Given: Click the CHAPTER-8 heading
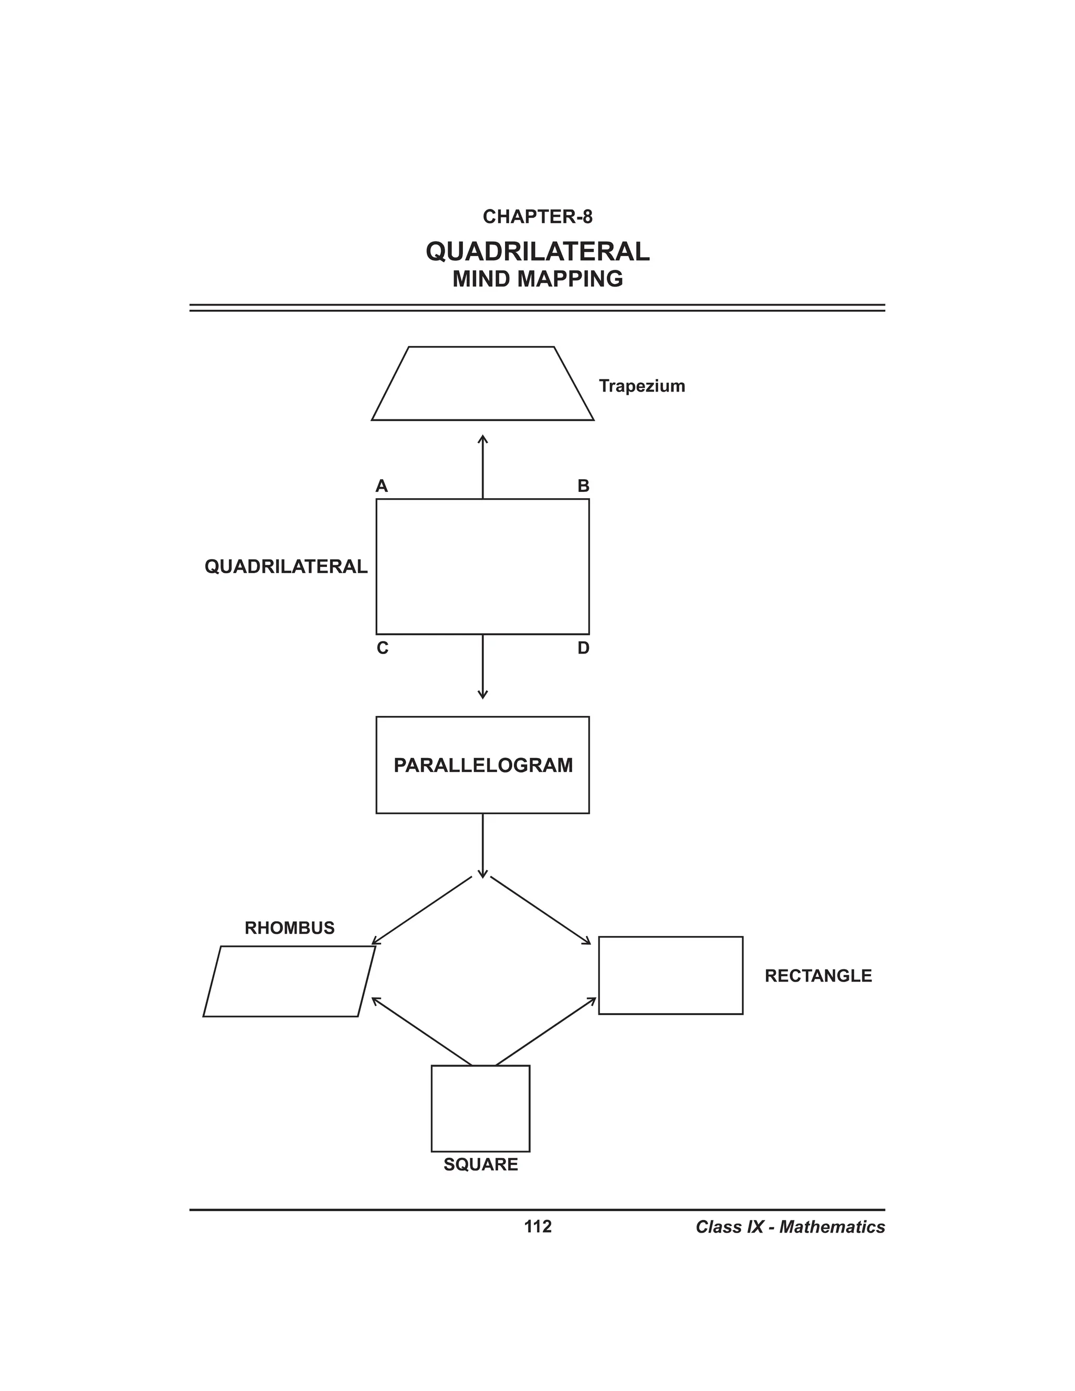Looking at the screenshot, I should [537, 217].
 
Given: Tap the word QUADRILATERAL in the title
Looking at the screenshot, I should [537, 251].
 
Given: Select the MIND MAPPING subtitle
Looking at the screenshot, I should [537, 279].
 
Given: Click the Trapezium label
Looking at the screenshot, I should [641, 386].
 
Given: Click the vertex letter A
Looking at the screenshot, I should [382, 487].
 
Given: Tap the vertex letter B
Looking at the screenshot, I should [583, 487].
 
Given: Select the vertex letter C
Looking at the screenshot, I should [382, 648].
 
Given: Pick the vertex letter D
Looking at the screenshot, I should [583, 648].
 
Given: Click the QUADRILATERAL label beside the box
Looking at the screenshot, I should [286, 566].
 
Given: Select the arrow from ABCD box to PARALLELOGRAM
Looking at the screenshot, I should [483, 667].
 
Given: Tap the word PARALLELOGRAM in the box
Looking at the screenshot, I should [483, 765].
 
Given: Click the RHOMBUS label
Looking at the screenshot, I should [289, 928].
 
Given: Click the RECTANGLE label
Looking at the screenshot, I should [818, 976].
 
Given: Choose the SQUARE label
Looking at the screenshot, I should [480, 1164].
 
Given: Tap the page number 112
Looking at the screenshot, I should [537, 1226].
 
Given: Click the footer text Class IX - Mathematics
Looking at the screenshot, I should [789, 1227].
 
